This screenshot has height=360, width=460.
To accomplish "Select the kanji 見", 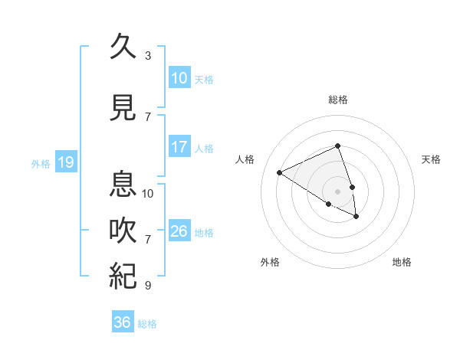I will point(123,108).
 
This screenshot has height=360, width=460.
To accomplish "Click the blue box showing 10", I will point(179,78).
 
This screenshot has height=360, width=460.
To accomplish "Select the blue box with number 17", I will point(179,147).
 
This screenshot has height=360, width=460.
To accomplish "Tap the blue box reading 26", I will point(179,231).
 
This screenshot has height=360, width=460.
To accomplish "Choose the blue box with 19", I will point(65,162).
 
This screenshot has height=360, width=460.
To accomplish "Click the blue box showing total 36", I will point(123,322).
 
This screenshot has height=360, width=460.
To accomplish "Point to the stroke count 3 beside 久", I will point(148,56).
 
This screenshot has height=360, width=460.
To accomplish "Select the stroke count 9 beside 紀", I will point(148,286).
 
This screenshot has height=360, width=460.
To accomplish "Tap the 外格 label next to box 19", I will point(41,163).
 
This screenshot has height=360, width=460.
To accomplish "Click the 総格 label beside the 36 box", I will point(147,324).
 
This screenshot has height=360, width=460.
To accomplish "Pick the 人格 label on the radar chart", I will point(245,159).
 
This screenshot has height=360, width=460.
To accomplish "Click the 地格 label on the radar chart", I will point(402,262).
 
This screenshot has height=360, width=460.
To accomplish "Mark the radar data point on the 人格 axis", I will point(280,172).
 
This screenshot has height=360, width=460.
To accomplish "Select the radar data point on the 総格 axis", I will point(337,146).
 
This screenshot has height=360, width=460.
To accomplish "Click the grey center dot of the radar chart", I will point(337,191).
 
